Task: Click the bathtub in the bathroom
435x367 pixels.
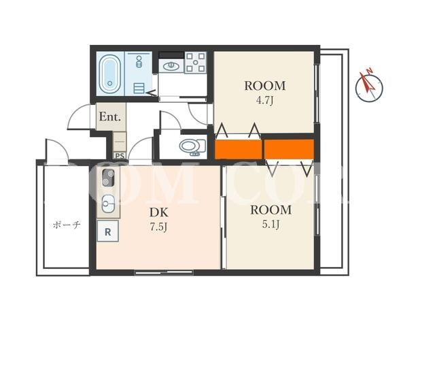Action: coord(110,74)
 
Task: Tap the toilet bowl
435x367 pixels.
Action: coord(192,146)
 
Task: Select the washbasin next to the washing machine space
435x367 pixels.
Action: coord(171,67)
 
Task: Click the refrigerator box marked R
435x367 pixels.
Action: coord(107,231)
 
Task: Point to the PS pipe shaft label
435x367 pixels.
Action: coord(120,156)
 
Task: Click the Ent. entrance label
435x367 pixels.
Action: coord(110,116)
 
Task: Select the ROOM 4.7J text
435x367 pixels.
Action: coord(265,92)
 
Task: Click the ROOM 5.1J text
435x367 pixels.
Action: coord(271,217)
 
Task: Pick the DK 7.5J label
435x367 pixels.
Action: coord(159,219)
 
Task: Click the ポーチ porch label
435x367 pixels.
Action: coord(67,225)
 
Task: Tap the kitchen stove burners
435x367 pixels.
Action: coord(108,178)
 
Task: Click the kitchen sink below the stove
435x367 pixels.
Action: coord(108,204)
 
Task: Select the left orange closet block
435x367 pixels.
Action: coord(239,149)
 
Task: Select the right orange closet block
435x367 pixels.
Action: coord(289,149)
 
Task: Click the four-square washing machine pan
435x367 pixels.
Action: coord(195,62)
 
